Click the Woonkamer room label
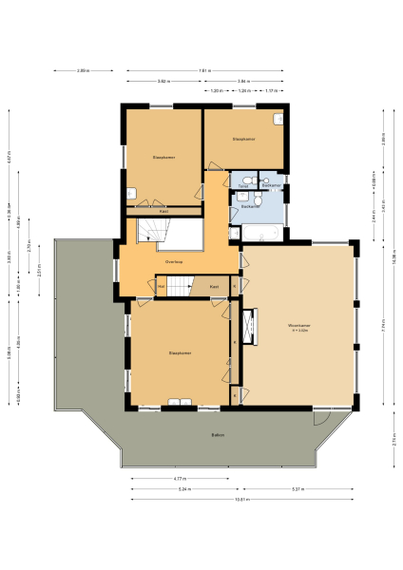(299, 328)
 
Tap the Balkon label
(218, 435)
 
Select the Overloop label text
(173, 261)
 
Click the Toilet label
(243, 186)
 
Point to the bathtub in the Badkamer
(257, 231)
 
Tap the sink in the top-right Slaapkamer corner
(278, 119)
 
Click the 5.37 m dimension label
(297, 488)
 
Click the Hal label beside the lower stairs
(162, 286)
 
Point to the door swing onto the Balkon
(321, 419)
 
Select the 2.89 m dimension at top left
(83, 71)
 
